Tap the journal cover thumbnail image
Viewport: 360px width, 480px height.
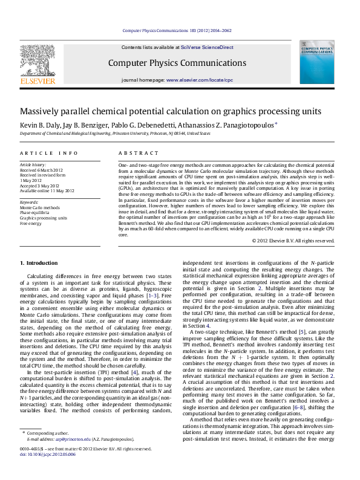click(x=318, y=64)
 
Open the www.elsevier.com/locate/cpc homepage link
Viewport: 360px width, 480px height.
click(x=199, y=80)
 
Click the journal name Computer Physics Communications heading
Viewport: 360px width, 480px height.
click(x=177, y=63)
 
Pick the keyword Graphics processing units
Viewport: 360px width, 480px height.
click(x=44, y=218)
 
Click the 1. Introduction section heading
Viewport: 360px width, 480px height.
click(x=39, y=263)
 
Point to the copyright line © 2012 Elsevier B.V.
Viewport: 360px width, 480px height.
click(x=293, y=241)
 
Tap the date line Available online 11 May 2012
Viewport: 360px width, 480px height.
click(x=47, y=190)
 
